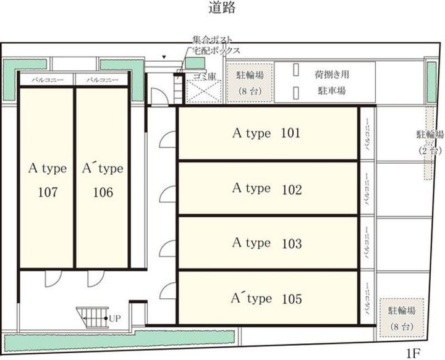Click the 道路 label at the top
pyautogui.click(x=222, y=9)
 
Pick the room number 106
pyautogui.click(x=103, y=193)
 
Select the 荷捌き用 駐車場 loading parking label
pyautogui.click(x=331, y=82)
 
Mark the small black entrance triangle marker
pyautogui.click(x=163, y=57)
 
